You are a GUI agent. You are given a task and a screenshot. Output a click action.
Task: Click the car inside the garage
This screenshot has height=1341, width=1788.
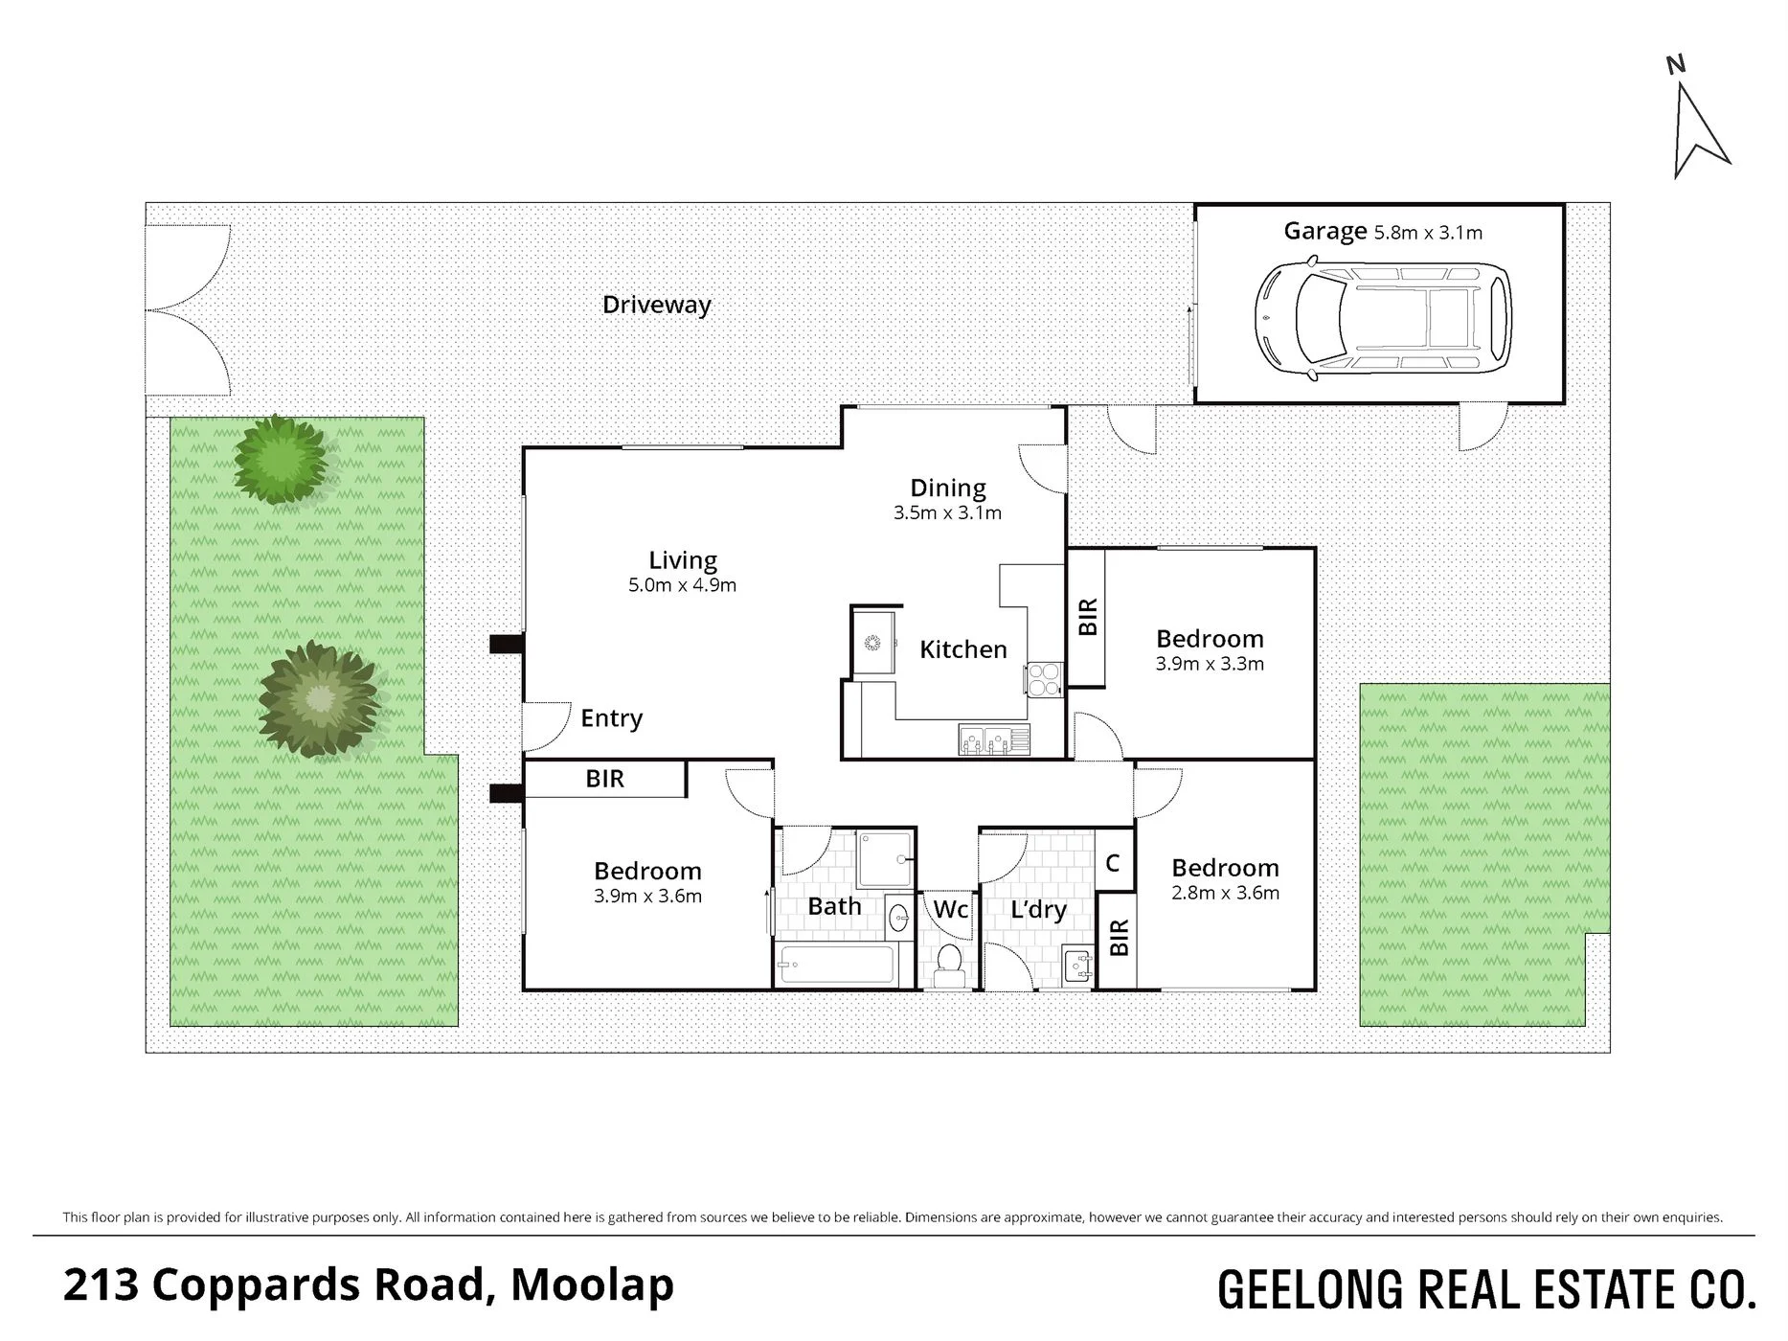1383,318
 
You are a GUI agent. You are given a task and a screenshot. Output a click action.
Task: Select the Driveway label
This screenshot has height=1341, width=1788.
657,306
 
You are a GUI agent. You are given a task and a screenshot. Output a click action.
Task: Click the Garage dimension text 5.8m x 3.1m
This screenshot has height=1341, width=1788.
1428,232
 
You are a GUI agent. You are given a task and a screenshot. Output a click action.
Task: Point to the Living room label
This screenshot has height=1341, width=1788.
683,560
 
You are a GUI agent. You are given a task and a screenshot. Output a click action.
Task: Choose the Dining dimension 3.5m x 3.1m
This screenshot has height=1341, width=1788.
948,512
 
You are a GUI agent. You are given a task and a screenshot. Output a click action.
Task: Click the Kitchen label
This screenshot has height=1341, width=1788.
963,649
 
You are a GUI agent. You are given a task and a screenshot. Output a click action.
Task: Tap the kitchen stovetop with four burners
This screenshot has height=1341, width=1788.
1044,679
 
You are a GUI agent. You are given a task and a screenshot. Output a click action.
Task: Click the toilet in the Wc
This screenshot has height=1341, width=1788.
949,964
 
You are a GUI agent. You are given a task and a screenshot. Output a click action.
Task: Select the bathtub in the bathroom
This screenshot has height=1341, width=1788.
837,964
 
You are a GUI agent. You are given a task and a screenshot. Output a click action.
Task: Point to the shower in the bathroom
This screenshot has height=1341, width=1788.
885,859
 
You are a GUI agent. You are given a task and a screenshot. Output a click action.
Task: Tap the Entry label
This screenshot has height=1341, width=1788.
612,718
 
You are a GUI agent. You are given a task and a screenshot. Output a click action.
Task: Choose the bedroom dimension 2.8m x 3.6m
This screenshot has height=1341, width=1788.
1225,894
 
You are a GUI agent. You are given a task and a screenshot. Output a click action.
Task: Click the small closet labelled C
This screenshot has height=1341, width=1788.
1114,862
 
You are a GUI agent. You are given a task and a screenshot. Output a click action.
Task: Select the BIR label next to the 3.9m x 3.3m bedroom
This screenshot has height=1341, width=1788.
1088,617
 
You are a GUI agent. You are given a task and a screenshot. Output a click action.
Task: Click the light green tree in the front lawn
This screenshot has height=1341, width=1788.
282,459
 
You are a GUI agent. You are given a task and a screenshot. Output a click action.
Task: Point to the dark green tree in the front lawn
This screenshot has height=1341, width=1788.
319,699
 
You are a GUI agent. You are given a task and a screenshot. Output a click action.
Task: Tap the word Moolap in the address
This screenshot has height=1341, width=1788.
592,1285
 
